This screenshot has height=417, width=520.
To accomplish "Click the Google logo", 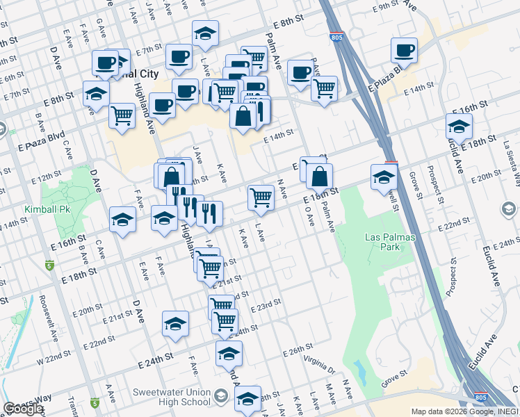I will [23, 409].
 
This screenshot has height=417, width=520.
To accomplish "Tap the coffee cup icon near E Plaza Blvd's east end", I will [404, 50].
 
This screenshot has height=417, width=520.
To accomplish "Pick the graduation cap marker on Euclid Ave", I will [459, 127].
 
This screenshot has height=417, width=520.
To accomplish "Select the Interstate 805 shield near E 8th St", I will [336, 36].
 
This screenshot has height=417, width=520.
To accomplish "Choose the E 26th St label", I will [299, 353].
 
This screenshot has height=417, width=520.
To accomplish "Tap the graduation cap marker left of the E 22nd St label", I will [176, 324].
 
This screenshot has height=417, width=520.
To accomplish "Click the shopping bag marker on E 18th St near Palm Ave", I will [319, 178].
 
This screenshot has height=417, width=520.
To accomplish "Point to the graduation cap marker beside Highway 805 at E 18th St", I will [384, 177].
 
